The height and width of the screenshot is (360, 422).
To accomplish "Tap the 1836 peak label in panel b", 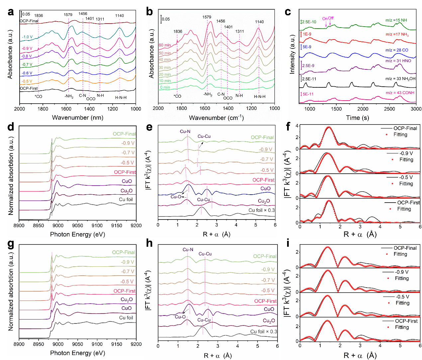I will pos(178,32).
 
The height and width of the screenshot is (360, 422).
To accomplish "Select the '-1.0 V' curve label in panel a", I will pos(27,37).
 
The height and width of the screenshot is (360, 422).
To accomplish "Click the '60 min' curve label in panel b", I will pos(165,45).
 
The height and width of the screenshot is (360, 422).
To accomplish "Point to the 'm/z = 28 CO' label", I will pos(397,50).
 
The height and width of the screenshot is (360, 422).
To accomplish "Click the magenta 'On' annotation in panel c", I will pos(325,19).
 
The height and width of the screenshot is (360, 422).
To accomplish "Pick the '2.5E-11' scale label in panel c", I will pos(309,79).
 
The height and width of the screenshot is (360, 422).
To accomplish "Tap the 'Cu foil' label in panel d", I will pos(126,200).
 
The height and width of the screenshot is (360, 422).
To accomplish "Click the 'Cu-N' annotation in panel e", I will pos(185,132).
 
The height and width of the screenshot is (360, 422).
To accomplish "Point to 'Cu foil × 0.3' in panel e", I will pos(262,210).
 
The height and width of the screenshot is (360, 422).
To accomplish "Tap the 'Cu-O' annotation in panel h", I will pos(180,317).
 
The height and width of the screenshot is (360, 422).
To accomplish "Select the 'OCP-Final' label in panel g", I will pos(123,252).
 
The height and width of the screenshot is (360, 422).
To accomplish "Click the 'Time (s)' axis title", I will pos(357,118).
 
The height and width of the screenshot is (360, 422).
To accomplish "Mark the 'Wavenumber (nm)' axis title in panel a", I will pos(77,118).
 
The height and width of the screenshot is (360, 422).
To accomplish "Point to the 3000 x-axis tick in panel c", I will pos(416,109).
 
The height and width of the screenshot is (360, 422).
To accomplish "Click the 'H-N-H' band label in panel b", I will pos(260,97).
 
